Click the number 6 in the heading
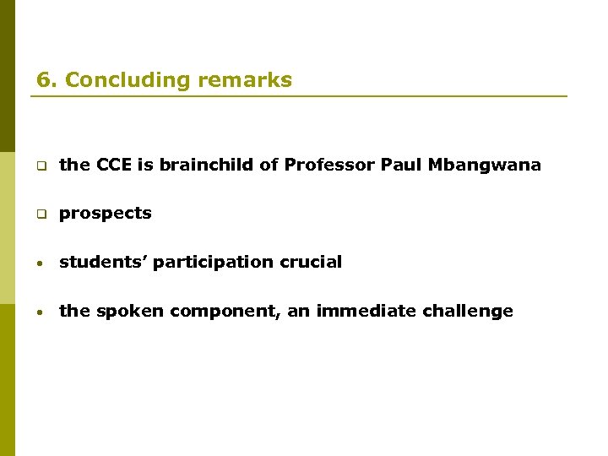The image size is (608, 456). pos(43,80)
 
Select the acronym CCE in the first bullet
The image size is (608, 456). pos(114,165)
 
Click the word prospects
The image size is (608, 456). pos(105,214)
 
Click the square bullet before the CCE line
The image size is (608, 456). pos(40,166)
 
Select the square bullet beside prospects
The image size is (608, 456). pos(40,214)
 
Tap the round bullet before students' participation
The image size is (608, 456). pos(40,263)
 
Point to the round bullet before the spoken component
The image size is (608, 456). pos(40,312)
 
